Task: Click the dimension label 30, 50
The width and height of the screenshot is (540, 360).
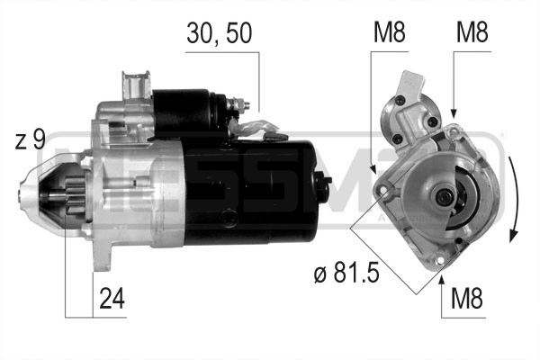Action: point(220,33)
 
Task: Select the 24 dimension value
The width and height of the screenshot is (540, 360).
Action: point(112,298)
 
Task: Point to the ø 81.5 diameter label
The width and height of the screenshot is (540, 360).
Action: point(346,272)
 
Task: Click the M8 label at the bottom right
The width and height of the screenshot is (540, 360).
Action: point(467,298)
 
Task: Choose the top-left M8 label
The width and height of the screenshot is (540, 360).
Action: point(390,32)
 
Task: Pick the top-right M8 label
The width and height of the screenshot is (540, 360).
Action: point(472,32)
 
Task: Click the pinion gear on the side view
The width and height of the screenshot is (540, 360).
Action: point(75,195)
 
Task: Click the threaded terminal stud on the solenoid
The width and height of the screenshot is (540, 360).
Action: point(242,104)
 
